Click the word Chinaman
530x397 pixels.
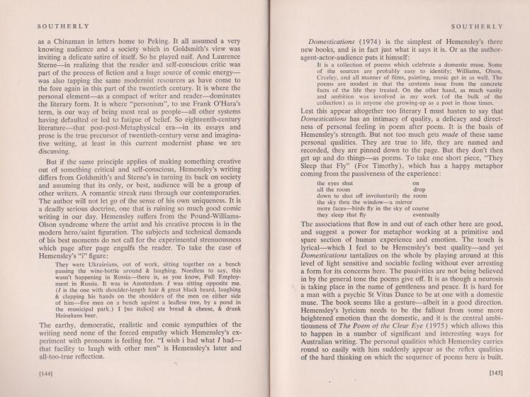(72, 43)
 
